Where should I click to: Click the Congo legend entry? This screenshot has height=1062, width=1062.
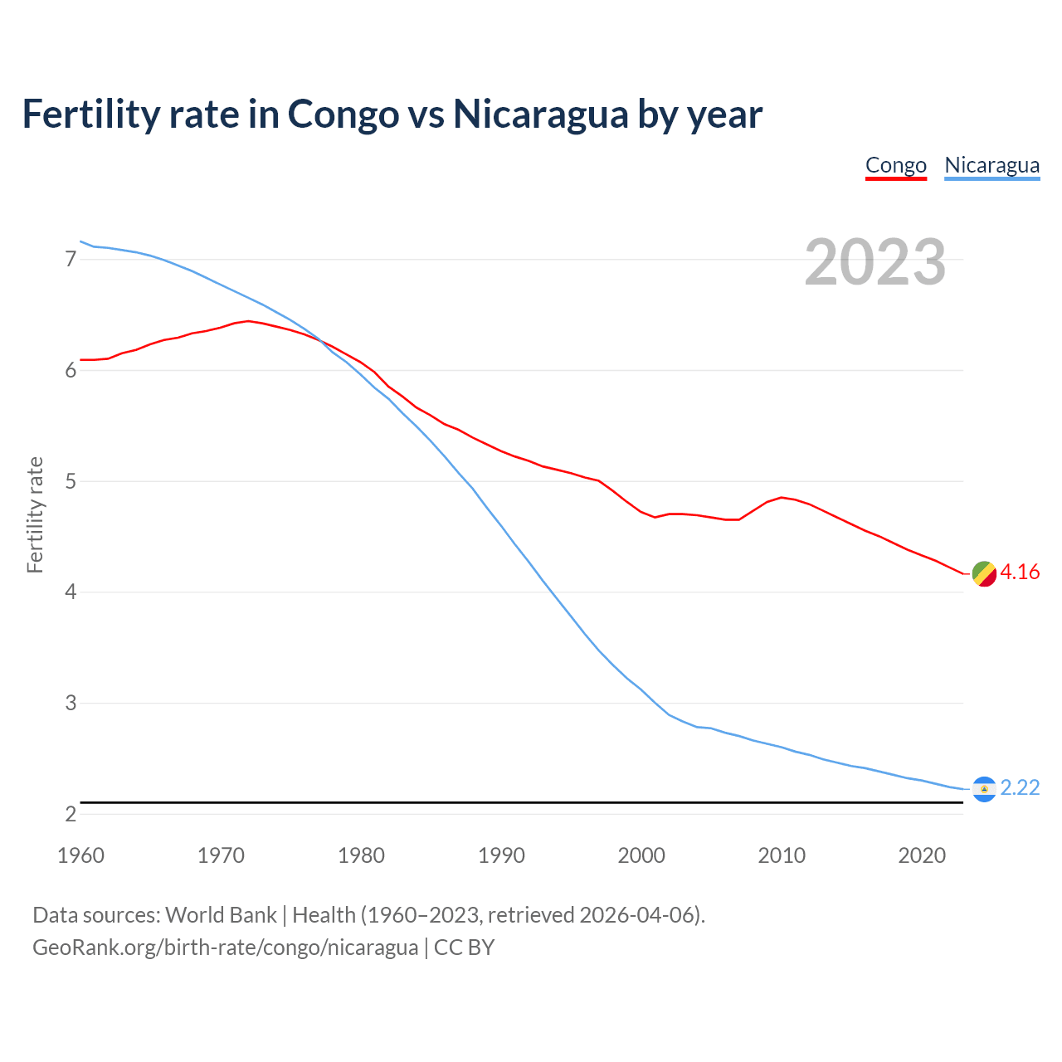tap(895, 165)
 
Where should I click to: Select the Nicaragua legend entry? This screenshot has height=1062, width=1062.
tap(991, 165)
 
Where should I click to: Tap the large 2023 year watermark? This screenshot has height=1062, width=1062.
tap(875, 262)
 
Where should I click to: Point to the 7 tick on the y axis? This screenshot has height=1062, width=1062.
tap(71, 260)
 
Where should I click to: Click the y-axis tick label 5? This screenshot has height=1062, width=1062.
tap(71, 481)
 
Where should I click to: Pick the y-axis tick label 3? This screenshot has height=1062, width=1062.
tap(71, 703)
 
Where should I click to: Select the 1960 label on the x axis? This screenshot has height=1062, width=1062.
tap(80, 855)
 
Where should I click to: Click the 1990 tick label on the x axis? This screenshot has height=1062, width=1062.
tap(501, 855)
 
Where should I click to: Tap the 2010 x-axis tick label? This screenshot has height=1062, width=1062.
tap(782, 855)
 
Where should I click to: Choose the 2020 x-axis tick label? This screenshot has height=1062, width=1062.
tap(922, 855)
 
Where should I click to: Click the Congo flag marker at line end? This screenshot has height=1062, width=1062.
tap(984, 573)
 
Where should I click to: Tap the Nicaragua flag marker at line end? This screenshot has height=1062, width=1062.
tap(984, 789)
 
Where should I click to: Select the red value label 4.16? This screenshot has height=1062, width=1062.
tap(1020, 572)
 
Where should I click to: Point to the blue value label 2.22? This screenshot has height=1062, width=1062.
tap(1020, 787)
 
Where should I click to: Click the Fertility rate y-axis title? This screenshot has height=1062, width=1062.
tap(35, 514)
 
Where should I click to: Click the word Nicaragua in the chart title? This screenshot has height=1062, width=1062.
tap(540, 114)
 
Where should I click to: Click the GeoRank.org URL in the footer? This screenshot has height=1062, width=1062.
tap(225, 948)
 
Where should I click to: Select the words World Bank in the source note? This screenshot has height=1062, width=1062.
tap(221, 915)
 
